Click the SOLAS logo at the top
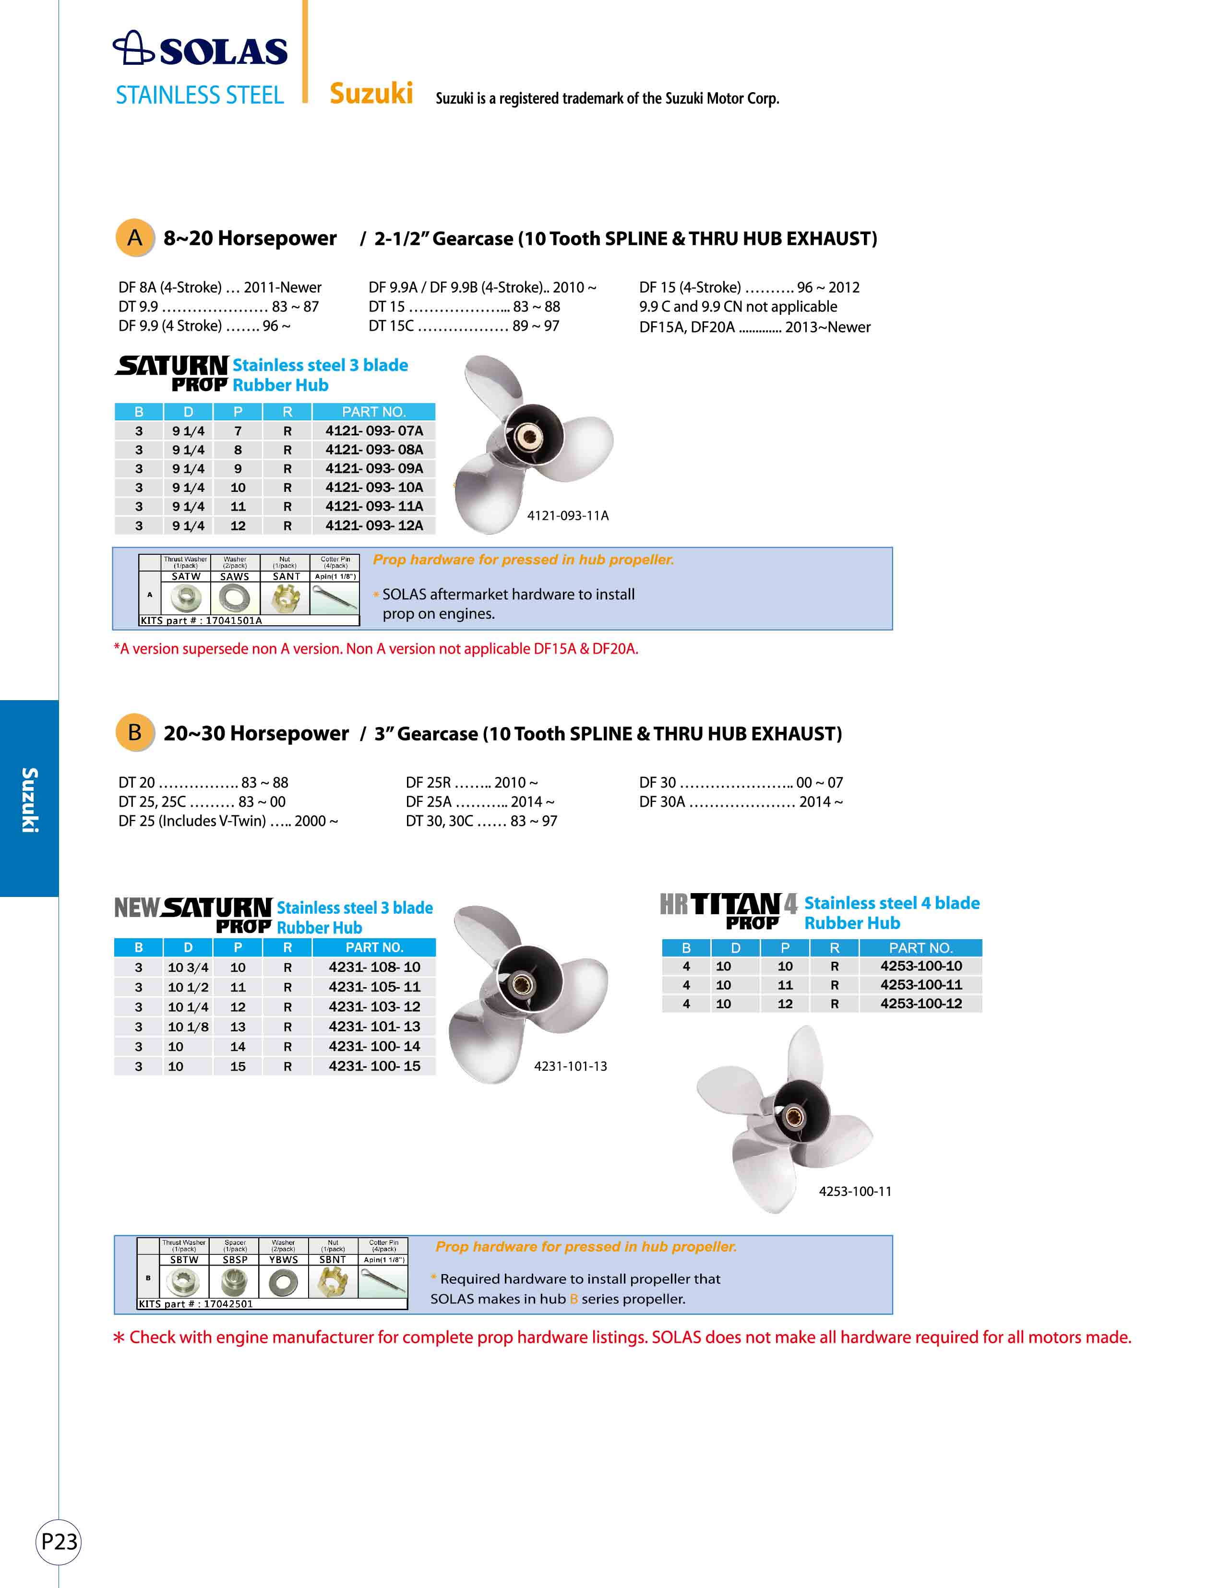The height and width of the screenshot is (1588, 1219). tap(200, 49)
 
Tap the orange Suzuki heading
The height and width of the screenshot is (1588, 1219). tap(371, 94)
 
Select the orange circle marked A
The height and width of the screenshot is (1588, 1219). tap(135, 238)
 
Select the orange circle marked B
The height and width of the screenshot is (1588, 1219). tap(135, 733)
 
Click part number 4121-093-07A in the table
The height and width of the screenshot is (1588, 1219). tap(374, 431)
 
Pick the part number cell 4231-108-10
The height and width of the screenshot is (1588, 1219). tap(374, 967)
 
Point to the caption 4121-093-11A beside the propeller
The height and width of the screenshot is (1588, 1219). tap(567, 516)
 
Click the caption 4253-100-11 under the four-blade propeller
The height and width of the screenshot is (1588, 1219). tap(855, 1191)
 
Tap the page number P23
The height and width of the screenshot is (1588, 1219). tap(58, 1541)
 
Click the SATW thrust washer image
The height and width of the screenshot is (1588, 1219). tap(185, 598)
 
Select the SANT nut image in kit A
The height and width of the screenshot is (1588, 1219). tap(286, 598)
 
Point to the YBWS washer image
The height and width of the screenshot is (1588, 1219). tap(283, 1283)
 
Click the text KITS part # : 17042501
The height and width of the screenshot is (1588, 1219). tap(196, 1303)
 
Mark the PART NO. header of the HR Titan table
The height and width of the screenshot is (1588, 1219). tap(920, 948)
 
